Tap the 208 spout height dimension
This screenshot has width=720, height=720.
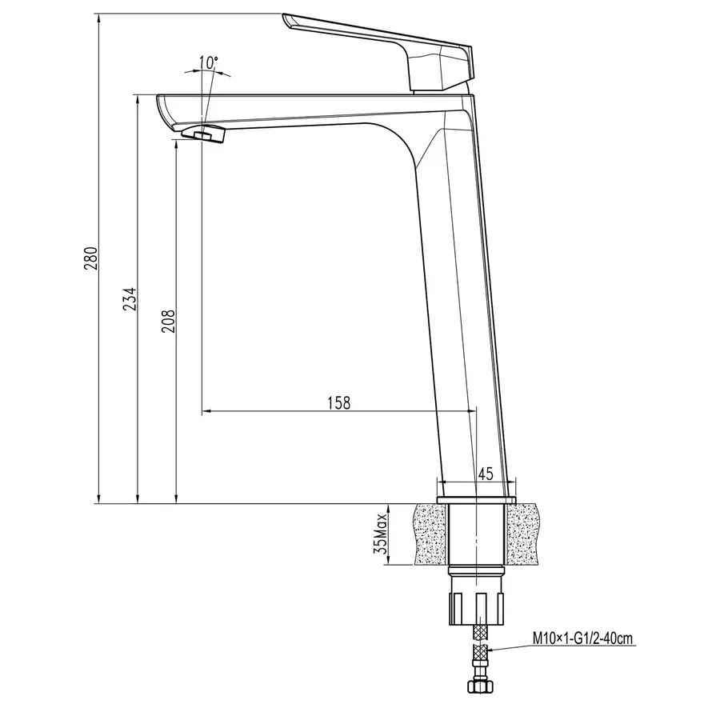pos(169,320)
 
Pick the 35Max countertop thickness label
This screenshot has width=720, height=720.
pos(380,535)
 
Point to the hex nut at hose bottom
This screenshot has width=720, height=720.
pos(477,686)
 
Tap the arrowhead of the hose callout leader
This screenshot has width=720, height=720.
pos(487,650)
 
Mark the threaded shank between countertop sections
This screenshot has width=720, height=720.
pos(477,534)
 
